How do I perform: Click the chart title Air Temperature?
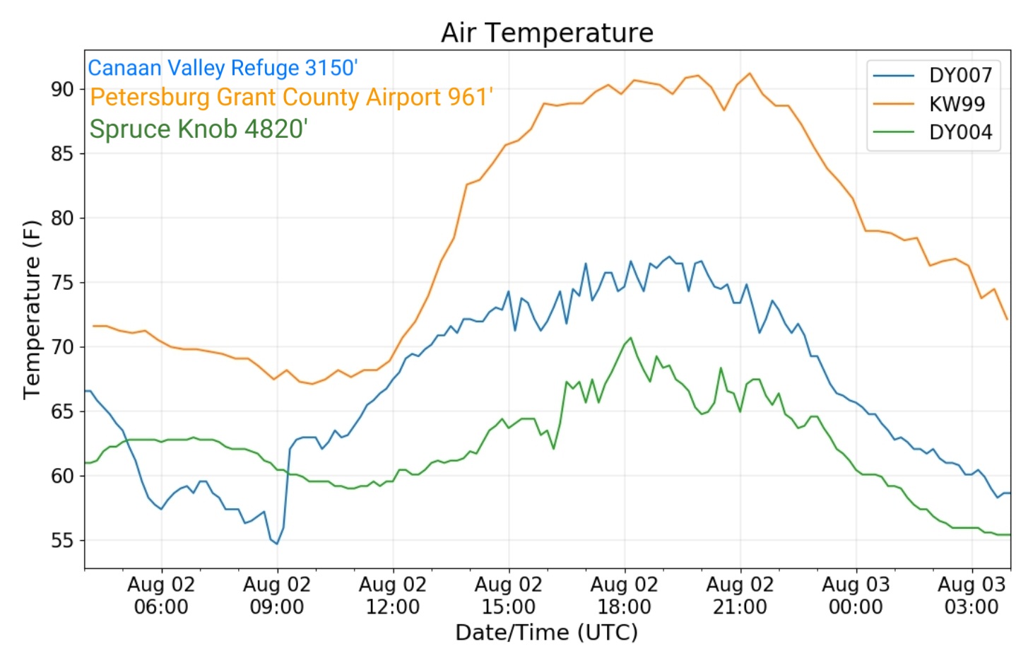tap(547, 33)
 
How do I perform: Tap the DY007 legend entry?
tap(933, 76)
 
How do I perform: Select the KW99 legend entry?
tap(929, 104)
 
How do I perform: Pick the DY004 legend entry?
tap(933, 132)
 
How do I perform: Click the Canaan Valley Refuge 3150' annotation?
tap(223, 68)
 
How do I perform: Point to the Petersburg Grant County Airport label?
tap(292, 97)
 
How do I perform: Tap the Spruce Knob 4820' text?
tap(199, 129)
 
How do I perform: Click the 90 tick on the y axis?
tap(62, 89)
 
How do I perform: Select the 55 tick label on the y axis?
tap(62, 540)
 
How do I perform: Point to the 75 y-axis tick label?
tap(62, 283)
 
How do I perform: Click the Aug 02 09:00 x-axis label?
tap(277, 596)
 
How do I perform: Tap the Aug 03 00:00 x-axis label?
tap(856, 596)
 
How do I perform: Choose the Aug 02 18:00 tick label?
tap(625, 596)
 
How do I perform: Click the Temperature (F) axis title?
tap(33, 310)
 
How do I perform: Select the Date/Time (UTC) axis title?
tap(547, 633)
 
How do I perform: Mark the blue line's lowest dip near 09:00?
tap(277, 544)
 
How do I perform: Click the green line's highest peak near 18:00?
tap(630, 337)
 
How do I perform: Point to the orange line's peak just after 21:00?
tap(750, 73)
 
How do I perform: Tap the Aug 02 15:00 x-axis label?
tap(509, 596)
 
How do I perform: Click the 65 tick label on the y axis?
tap(62, 411)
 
